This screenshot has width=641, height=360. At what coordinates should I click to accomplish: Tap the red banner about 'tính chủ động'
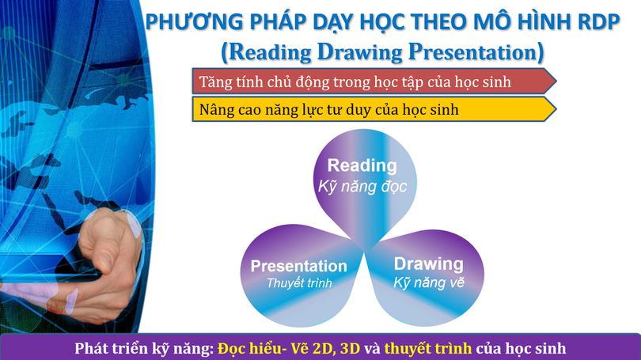click(372, 81)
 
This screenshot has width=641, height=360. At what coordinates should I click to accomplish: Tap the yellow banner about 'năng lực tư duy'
click(372, 110)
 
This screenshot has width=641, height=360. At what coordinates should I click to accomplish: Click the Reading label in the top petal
click(362, 166)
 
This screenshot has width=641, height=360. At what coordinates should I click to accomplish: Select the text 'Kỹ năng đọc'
click(362, 187)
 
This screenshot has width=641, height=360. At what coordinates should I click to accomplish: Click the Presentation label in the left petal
click(298, 267)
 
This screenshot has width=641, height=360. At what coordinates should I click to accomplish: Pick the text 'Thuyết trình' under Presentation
click(298, 282)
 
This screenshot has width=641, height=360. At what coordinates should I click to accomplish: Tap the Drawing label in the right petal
click(428, 263)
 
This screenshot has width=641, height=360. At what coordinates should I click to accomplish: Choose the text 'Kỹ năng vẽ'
click(428, 282)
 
